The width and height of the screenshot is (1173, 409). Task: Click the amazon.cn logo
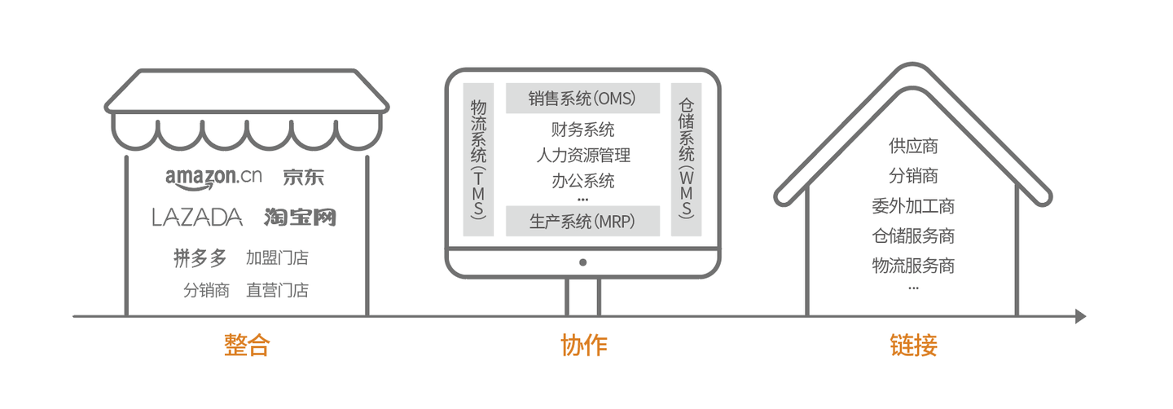213,177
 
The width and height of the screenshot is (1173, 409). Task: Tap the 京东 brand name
304,176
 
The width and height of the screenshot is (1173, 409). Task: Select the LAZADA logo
197,217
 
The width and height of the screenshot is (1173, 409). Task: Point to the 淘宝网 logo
300,217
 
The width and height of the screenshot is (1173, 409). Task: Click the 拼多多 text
200,258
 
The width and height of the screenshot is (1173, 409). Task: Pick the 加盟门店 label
277,259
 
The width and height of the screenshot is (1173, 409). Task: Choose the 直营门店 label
277,290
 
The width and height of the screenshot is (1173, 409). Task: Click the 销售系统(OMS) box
582,99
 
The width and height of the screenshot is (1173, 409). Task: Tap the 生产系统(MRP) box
582,221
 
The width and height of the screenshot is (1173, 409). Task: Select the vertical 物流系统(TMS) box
478,159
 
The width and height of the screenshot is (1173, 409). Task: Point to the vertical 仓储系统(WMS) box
687,159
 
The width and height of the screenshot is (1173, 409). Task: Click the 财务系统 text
582,130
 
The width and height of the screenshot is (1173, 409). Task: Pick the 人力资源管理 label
582,155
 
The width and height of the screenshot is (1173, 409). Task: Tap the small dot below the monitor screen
582,262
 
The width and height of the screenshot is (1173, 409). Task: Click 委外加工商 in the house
912,206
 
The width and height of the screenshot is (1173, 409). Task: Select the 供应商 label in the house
912,147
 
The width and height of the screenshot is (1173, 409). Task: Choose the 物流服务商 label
912,266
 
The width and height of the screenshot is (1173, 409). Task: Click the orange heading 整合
246,345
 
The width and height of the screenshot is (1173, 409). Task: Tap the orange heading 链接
913,345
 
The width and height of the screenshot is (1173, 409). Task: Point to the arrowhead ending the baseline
1080,316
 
